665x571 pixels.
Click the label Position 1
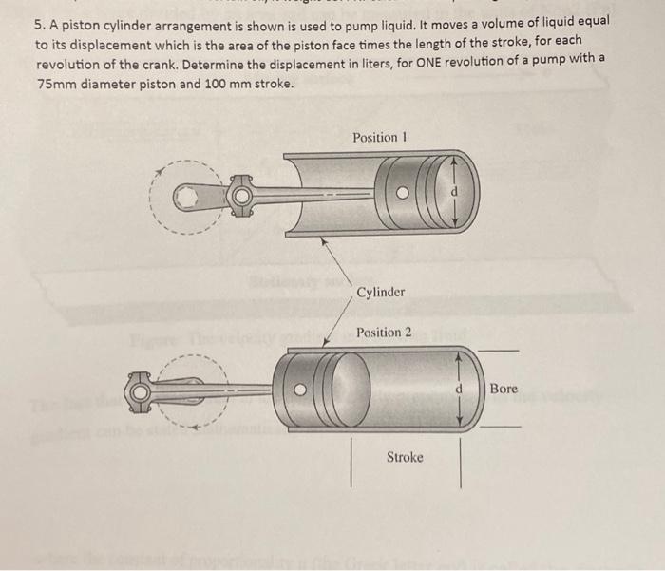tap(380, 138)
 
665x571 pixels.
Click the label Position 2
tap(384, 333)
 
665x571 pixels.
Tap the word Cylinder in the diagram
tap(381, 292)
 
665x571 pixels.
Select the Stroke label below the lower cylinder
tap(405, 458)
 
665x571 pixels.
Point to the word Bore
tap(504, 389)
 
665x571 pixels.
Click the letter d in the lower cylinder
tap(458, 389)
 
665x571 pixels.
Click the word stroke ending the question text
tap(271, 84)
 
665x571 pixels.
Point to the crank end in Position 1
tap(190, 197)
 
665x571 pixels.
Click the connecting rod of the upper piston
tap(304, 196)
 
